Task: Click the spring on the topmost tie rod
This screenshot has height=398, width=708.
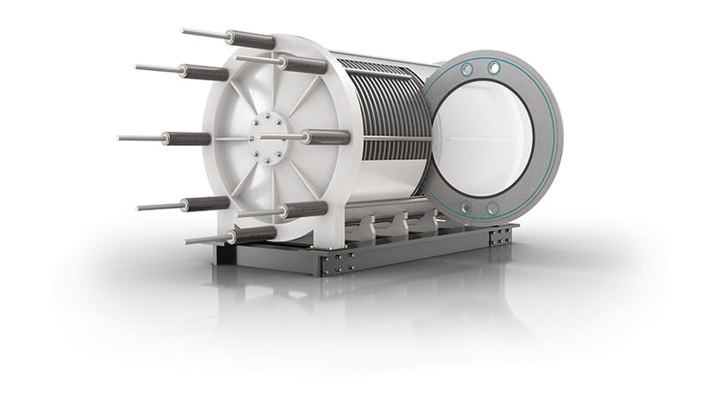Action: [x=250, y=39]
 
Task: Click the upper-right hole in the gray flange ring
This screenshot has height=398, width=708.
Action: [x=493, y=68]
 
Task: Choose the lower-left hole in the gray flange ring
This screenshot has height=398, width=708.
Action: [x=466, y=207]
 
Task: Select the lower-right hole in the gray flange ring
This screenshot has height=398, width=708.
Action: [x=492, y=209]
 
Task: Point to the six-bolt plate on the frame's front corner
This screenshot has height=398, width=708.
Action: [x=341, y=262]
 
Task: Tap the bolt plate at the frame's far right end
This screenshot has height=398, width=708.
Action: [x=502, y=234]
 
